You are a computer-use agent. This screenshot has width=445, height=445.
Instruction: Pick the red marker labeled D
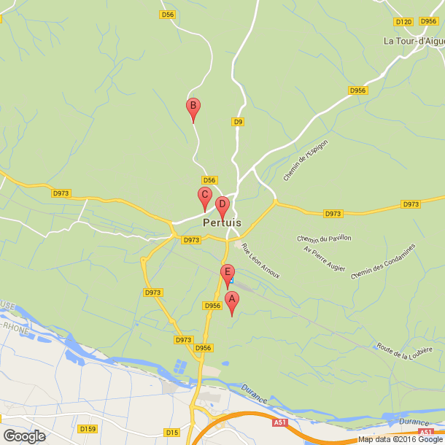222,205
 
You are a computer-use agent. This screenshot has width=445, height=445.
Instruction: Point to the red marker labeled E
227,273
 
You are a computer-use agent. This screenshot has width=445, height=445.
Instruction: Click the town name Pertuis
222,222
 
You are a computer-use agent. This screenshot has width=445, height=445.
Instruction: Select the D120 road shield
403,22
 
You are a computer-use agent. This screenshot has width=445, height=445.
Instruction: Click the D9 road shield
238,122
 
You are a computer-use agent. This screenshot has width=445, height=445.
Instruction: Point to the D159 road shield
88,428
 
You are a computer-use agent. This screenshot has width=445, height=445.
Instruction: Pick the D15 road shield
173,433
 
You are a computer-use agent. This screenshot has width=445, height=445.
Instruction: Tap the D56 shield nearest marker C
209,180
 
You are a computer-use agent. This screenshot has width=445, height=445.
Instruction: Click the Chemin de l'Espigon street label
306,160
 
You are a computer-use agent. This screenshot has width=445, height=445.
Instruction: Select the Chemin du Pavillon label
325,239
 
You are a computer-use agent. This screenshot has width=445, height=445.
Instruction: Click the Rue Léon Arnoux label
260,260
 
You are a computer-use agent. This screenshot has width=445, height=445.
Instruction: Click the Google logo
23,436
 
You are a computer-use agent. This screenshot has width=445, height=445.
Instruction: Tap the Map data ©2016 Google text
400,439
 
